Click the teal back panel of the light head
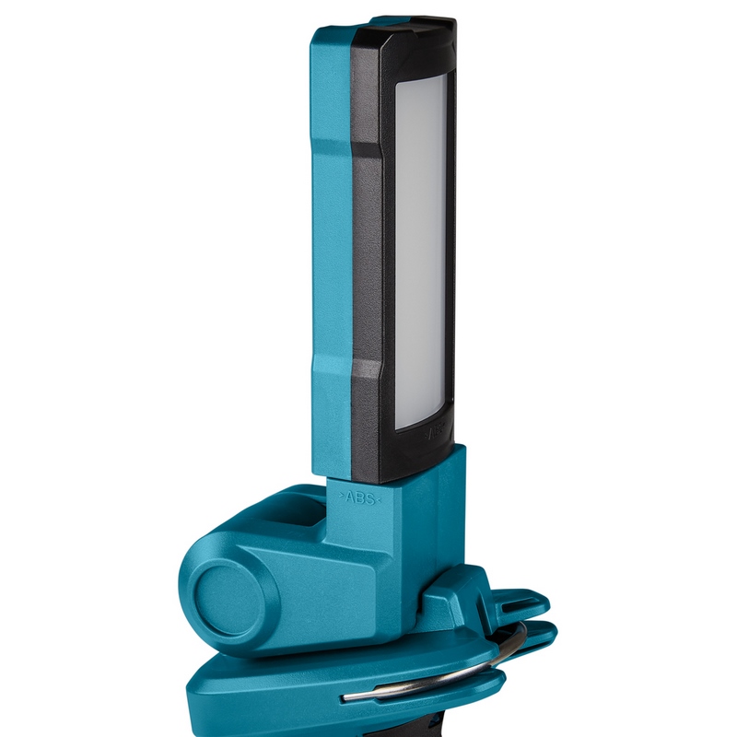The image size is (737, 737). (331, 258)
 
